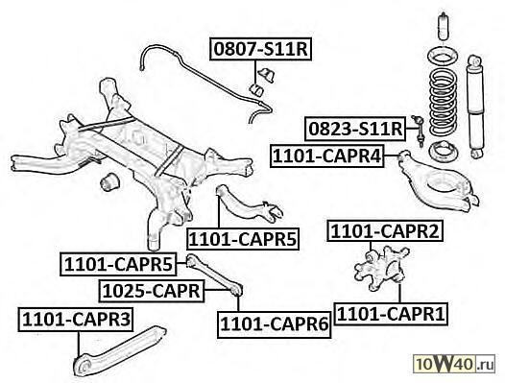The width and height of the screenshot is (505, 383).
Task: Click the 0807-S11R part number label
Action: click(x=260, y=49)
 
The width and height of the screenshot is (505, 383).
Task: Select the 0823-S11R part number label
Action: click(x=355, y=129)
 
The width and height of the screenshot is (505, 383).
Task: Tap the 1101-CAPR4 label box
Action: click(x=327, y=156)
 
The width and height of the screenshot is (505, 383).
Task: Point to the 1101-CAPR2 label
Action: click(x=385, y=231)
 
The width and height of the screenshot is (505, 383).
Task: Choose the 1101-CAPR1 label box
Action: click(x=391, y=314)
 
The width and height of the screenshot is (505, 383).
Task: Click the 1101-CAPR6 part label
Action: click(x=274, y=324)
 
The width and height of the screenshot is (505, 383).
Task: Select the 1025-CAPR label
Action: click(x=152, y=291)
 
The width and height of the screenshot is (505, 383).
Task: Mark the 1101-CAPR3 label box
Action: click(x=76, y=320)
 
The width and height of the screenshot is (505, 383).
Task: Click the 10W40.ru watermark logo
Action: click(x=454, y=364)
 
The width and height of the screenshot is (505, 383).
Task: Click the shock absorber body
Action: click(x=474, y=107)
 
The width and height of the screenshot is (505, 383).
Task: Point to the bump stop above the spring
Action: click(x=444, y=27)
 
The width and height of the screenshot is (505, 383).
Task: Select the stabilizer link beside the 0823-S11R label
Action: click(x=418, y=131)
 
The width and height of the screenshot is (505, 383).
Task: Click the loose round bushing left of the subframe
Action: click(x=109, y=182)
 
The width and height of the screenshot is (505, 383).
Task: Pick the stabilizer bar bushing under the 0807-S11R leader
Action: click(x=256, y=90)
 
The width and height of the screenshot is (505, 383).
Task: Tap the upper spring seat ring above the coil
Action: click(x=443, y=57)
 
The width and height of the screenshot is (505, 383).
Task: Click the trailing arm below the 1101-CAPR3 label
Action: click(x=119, y=351)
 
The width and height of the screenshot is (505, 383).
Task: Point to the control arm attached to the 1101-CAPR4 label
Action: click(x=438, y=181)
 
